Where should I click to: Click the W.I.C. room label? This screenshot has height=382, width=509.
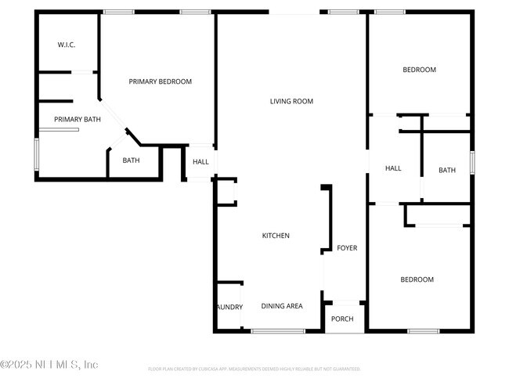tap(66, 45)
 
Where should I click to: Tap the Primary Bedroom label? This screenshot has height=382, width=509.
tap(161, 81)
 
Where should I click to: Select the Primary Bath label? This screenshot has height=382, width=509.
tap(78, 119)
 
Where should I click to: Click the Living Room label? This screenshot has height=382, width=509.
tap(291, 101)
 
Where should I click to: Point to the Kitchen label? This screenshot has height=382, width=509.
tap(276, 236)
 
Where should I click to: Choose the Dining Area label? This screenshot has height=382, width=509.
tap(282, 306)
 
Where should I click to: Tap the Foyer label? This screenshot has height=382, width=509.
tap(347, 248)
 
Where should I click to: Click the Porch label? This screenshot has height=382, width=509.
tap(342, 319)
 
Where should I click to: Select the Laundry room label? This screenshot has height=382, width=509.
tap(229, 307)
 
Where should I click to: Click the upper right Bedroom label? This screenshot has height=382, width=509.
tap(419, 70)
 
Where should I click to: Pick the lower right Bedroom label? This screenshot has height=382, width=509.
tap(417, 279)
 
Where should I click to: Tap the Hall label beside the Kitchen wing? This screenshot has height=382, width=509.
tap(201, 162)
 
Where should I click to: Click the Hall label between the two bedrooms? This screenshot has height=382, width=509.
tap(393, 168)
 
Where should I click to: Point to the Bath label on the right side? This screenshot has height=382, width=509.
tap(447, 170)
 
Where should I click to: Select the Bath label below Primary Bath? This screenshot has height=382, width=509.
tap(131, 160)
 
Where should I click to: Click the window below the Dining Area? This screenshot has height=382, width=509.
tap(278, 331)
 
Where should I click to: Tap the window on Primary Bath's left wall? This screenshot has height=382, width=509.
tap(35, 154)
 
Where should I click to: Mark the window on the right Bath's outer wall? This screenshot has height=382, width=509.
tap(472, 161)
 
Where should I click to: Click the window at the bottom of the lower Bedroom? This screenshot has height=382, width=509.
tap(424, 331)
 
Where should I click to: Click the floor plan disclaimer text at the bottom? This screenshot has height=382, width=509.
tap(254, 368)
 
